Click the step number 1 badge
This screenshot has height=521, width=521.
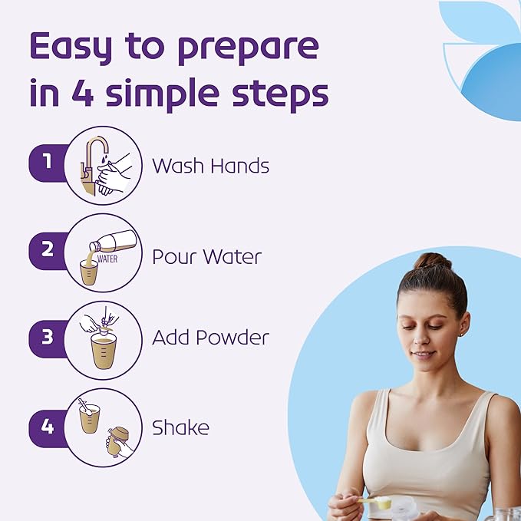pyautogui.click(x=48, y=163)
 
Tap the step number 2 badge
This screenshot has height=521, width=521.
pyautogui.click(x=48, y=251)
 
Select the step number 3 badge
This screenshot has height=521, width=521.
pyautogui.click(x=48, y=338)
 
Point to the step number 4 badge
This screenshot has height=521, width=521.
pyautogui.click(x=48, y=427)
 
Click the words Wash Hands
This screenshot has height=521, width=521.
pyautogui.click(x=211, y=166)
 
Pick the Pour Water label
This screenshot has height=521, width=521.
pyautogui.click(x=206, y=256)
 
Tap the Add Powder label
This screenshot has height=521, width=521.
pyautogui.click(x=210, y=338)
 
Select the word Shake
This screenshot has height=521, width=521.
pyautogui.click(x=180, y=427)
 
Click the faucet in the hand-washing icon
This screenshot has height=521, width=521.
pyautogui.click(x=91, y=166)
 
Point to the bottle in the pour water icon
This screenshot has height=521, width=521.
pyautogui.click(x=113, y=242)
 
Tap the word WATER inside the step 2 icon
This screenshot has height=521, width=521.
pyautogui.click(x=107, y=259)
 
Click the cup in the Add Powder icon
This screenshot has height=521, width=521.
pyautogui.click(x=104, y=351)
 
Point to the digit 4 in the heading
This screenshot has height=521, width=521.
pyautogui.click(x=82, y=92)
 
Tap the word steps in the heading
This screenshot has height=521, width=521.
pyautogui.click(x=280, y=95)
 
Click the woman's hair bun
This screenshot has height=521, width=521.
pyautogui.click(x=432, y=261)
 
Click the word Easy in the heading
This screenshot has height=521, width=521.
pyautogui.click(x=71, y=48)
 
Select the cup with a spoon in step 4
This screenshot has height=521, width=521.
pyautogui.click(x=89, y=417)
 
